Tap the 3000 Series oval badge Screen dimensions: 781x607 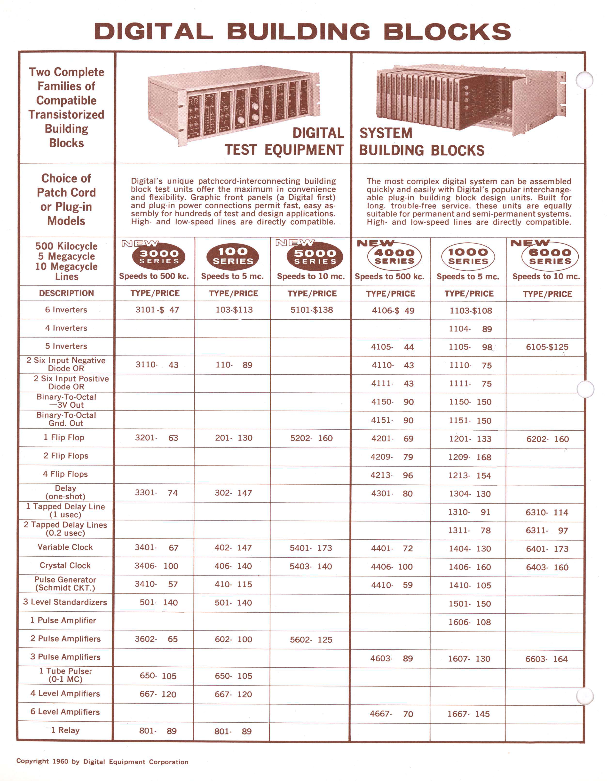point(158,256)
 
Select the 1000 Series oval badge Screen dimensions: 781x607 point(468,256)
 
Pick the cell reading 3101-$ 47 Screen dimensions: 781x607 point(157,310)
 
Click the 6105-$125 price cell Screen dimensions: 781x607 point(547,347)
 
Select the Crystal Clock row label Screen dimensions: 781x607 point(65,565)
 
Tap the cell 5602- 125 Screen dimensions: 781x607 point(311,640)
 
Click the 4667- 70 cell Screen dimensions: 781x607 point(391,714)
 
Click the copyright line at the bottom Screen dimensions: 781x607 point(102,761)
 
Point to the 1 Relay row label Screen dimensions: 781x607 point(65,730)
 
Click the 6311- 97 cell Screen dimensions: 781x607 point(547,531)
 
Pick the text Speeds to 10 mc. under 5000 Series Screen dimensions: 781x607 point(311,276)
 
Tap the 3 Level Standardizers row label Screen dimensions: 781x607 point(65,602)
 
